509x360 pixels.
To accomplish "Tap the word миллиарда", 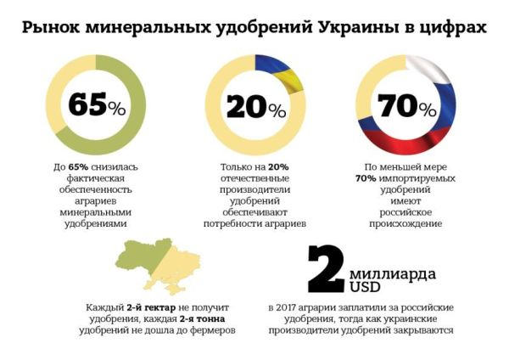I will coord(393,275).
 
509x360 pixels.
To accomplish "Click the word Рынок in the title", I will coord(50,29).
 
